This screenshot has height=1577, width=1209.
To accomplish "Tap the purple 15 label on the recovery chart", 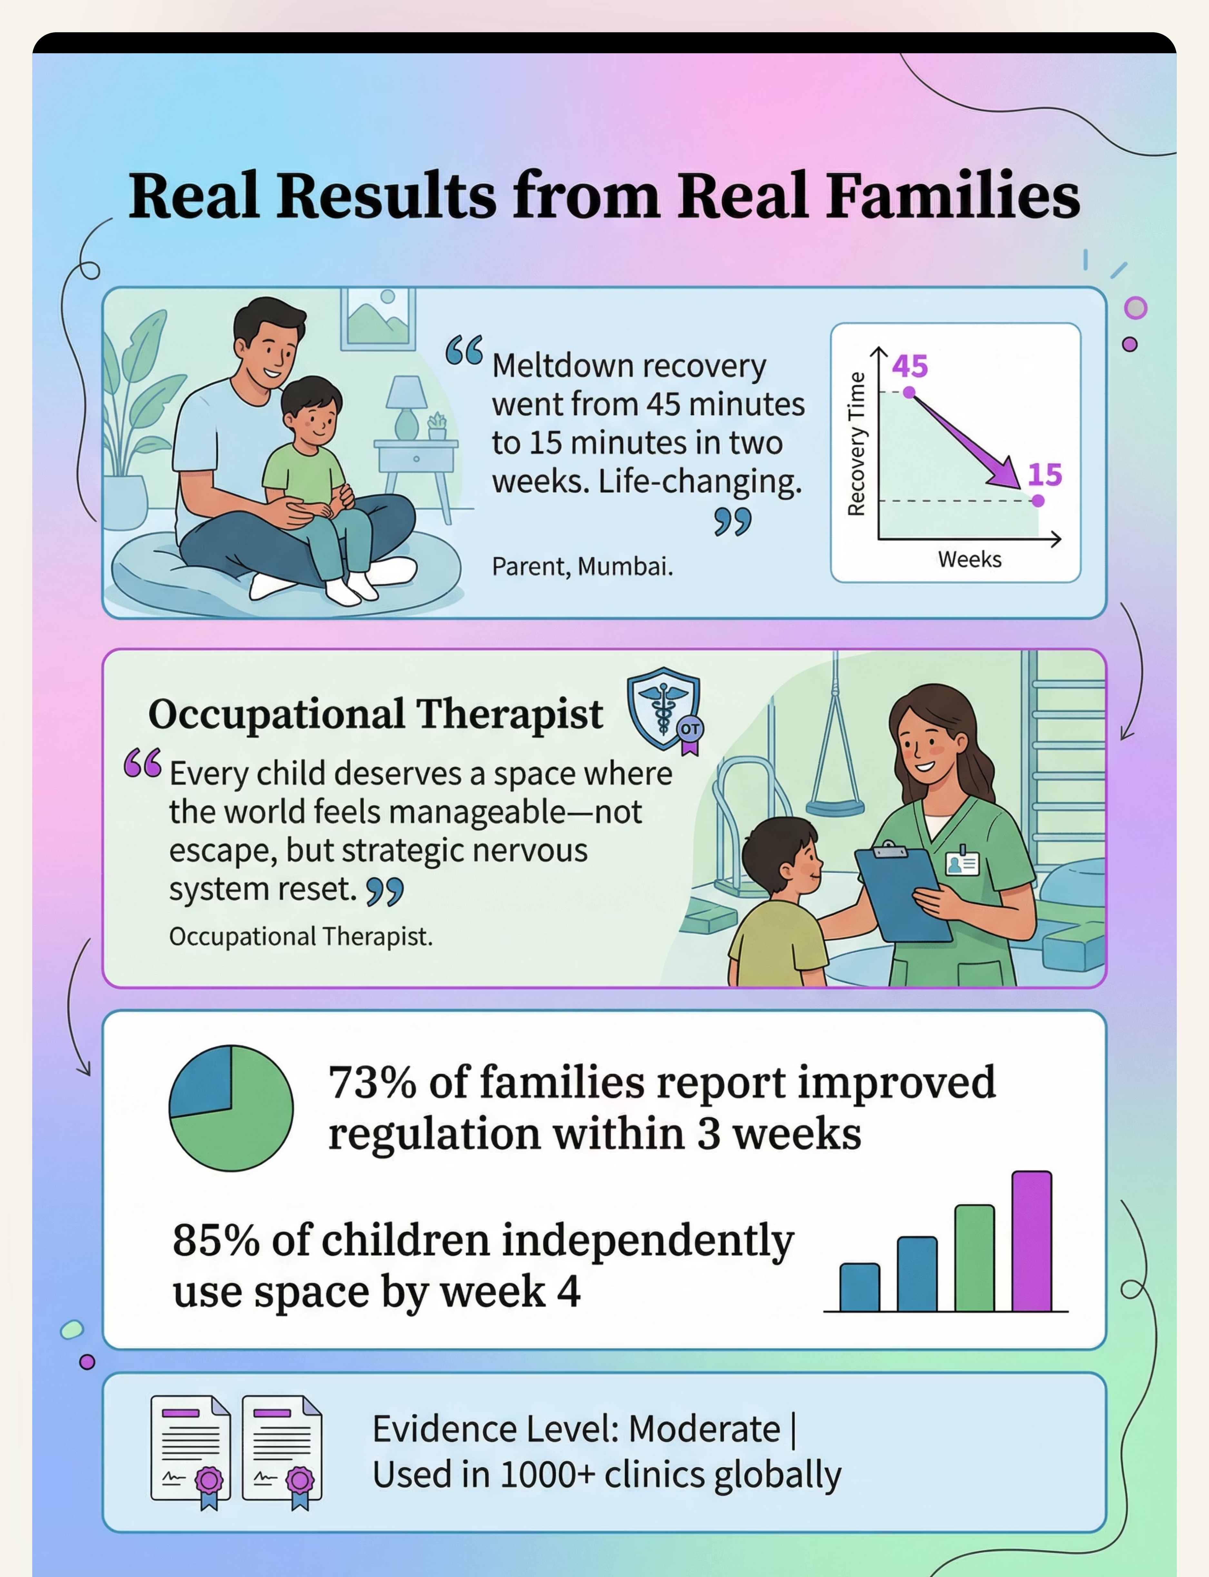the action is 1044,475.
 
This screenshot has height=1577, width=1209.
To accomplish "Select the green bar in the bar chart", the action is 974,1258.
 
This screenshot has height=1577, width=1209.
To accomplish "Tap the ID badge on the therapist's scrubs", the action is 962,862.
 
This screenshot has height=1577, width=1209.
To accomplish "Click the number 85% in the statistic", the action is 216,1240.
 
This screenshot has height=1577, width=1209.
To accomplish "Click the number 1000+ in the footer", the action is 547,1475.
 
